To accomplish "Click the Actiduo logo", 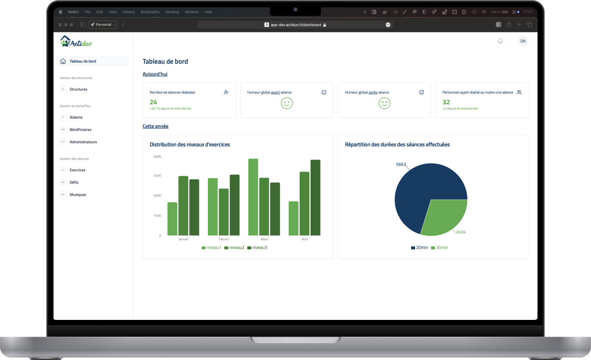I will point(76,41).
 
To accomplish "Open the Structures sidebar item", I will point(78,89).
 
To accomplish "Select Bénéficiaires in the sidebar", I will point(80,129).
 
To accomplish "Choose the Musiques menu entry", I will point(78,194).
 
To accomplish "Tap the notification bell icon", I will point(500,41).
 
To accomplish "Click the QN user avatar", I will point(523,41).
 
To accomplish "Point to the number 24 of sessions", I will point(154,102).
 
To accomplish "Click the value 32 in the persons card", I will point(446,102).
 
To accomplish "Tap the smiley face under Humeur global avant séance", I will point(287,103).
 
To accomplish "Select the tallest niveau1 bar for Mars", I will point(253,197).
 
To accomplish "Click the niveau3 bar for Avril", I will point(315,197).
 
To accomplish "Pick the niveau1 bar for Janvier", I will point(173,219).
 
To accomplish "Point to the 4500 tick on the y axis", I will point(157,176).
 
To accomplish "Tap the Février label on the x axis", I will point(223,239).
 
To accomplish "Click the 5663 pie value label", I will point(401,164).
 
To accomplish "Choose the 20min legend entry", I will point(419,247).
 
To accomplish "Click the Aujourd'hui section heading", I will point(155,74).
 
